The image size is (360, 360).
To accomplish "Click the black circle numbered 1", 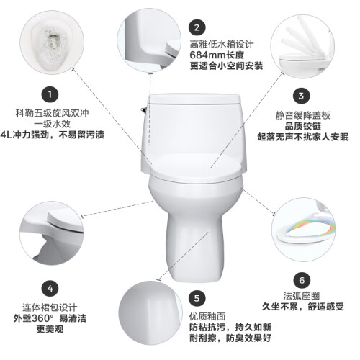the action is (x=50, y=94).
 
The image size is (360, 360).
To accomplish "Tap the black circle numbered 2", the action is (x=197, y=27).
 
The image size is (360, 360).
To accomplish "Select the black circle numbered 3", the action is (x=302, y=96).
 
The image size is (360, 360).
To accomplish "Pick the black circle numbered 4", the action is (x=50, y=288).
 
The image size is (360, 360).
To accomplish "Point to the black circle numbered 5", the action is (x=197, y=299).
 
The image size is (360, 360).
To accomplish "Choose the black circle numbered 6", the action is (x=302, y=280).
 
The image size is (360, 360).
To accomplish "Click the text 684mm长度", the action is (x=217, y=55).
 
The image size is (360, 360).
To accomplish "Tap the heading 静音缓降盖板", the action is (x=303, y=115).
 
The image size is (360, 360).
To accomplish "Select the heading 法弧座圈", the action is (x=302, y=296).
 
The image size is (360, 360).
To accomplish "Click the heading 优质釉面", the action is (x=207, y=317).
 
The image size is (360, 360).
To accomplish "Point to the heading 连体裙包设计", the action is (x=50, y=307).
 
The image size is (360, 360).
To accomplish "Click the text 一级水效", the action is (x=53, y=124).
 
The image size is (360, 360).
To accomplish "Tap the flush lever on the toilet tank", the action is (x=144, y=110).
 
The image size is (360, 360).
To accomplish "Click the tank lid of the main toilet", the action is (x=194, y=99).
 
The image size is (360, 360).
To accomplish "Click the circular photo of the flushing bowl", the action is (x=52, y=42).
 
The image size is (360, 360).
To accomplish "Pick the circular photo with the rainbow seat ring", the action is (x=303, y=230).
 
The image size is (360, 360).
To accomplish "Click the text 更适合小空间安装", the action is (x=226, y=66).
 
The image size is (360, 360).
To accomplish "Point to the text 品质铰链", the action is (x=303, y=126).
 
